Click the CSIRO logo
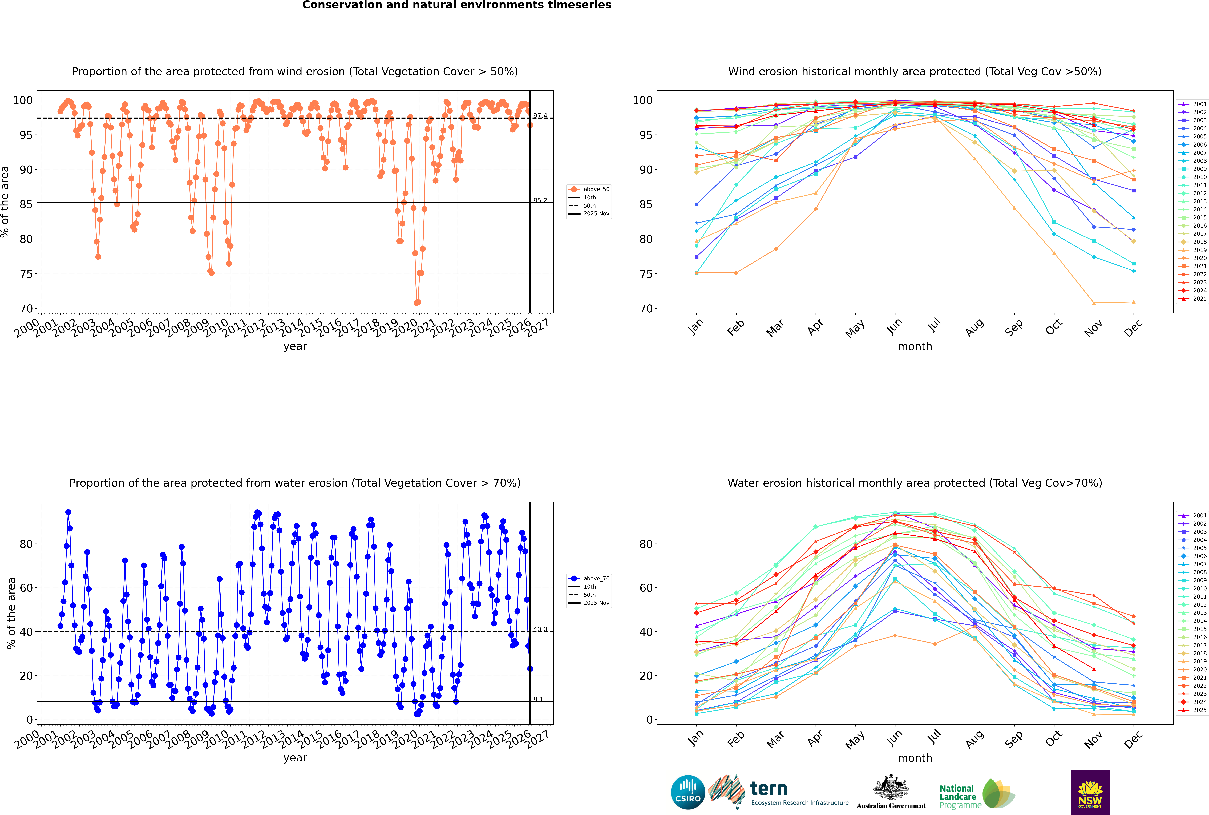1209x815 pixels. pyautogui.click(x=688, y=792)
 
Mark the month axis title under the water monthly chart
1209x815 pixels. pyautogui.click(x=915, y=758)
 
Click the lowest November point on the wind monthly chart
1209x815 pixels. pyautogui.click(x=1094, y=303)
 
